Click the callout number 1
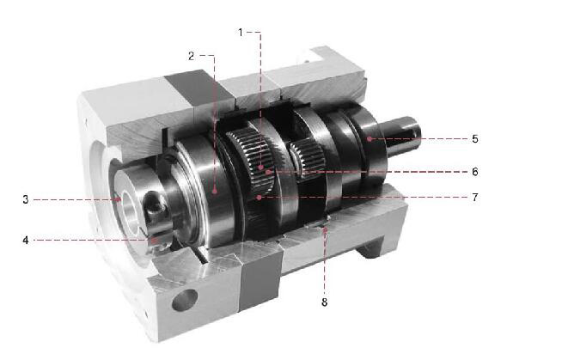tap(240, 33)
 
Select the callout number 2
tap(192, 56)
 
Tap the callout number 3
tap(26, 199)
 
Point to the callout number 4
tap(26, 240)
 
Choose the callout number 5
tap(475, 138)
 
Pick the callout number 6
tap(475, 171)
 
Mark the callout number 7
tap(475, 198)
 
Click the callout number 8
tap(324, 302)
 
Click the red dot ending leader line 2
tap(215, 189)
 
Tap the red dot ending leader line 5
tap(370, 138)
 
